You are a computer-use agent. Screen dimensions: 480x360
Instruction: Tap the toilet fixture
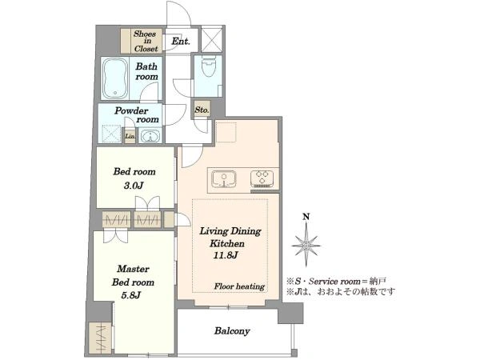point(209,66)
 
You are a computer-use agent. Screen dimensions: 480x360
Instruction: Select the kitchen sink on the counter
point(224,178)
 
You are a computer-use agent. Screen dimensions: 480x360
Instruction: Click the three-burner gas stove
point(262,178)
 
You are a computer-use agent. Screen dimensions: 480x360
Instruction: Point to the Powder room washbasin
point(150,135)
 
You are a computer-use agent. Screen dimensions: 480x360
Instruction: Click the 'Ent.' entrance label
point(181,42)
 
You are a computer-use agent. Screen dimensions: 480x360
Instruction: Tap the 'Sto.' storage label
point(202,110)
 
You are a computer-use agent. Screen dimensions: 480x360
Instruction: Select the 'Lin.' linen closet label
point(130,136)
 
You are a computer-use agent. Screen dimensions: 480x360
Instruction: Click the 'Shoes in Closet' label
point(146,41)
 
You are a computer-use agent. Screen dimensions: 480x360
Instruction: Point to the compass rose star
point(306,246)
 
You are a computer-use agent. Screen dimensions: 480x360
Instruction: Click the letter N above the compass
point(306,217)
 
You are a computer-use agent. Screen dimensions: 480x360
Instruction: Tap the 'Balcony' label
point(232,331)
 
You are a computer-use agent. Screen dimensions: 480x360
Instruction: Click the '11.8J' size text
point(226,255)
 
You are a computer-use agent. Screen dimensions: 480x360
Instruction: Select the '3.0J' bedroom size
point(134,186)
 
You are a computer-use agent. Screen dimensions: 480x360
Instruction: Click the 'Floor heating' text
point(239,286)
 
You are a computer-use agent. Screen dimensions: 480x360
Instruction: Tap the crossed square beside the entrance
point(212,39)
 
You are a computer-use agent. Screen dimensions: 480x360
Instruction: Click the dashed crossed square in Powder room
point(112,134)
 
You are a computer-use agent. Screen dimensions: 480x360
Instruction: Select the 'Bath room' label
point(146,71)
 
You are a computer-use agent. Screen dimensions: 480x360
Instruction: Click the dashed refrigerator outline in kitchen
point(226,132)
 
